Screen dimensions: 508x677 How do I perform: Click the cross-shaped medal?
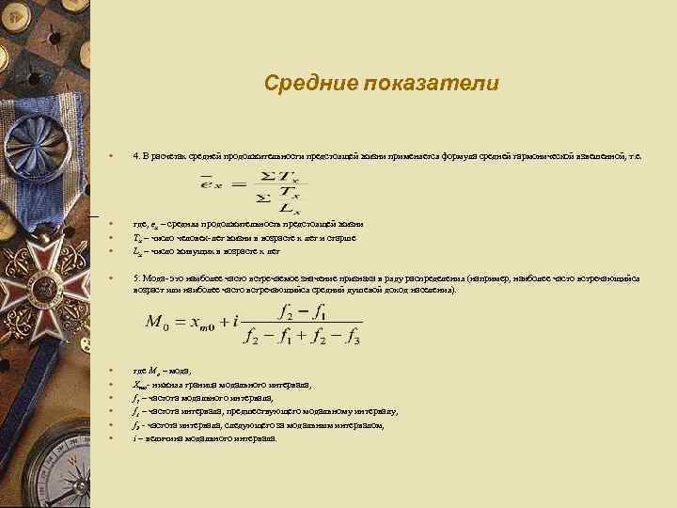pos(42,272)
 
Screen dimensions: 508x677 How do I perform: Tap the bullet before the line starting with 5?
pos(111,278)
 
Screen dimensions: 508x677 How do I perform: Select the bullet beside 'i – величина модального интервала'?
pos(111,438)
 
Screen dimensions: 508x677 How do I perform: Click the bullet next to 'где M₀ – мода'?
pos(111,372)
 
